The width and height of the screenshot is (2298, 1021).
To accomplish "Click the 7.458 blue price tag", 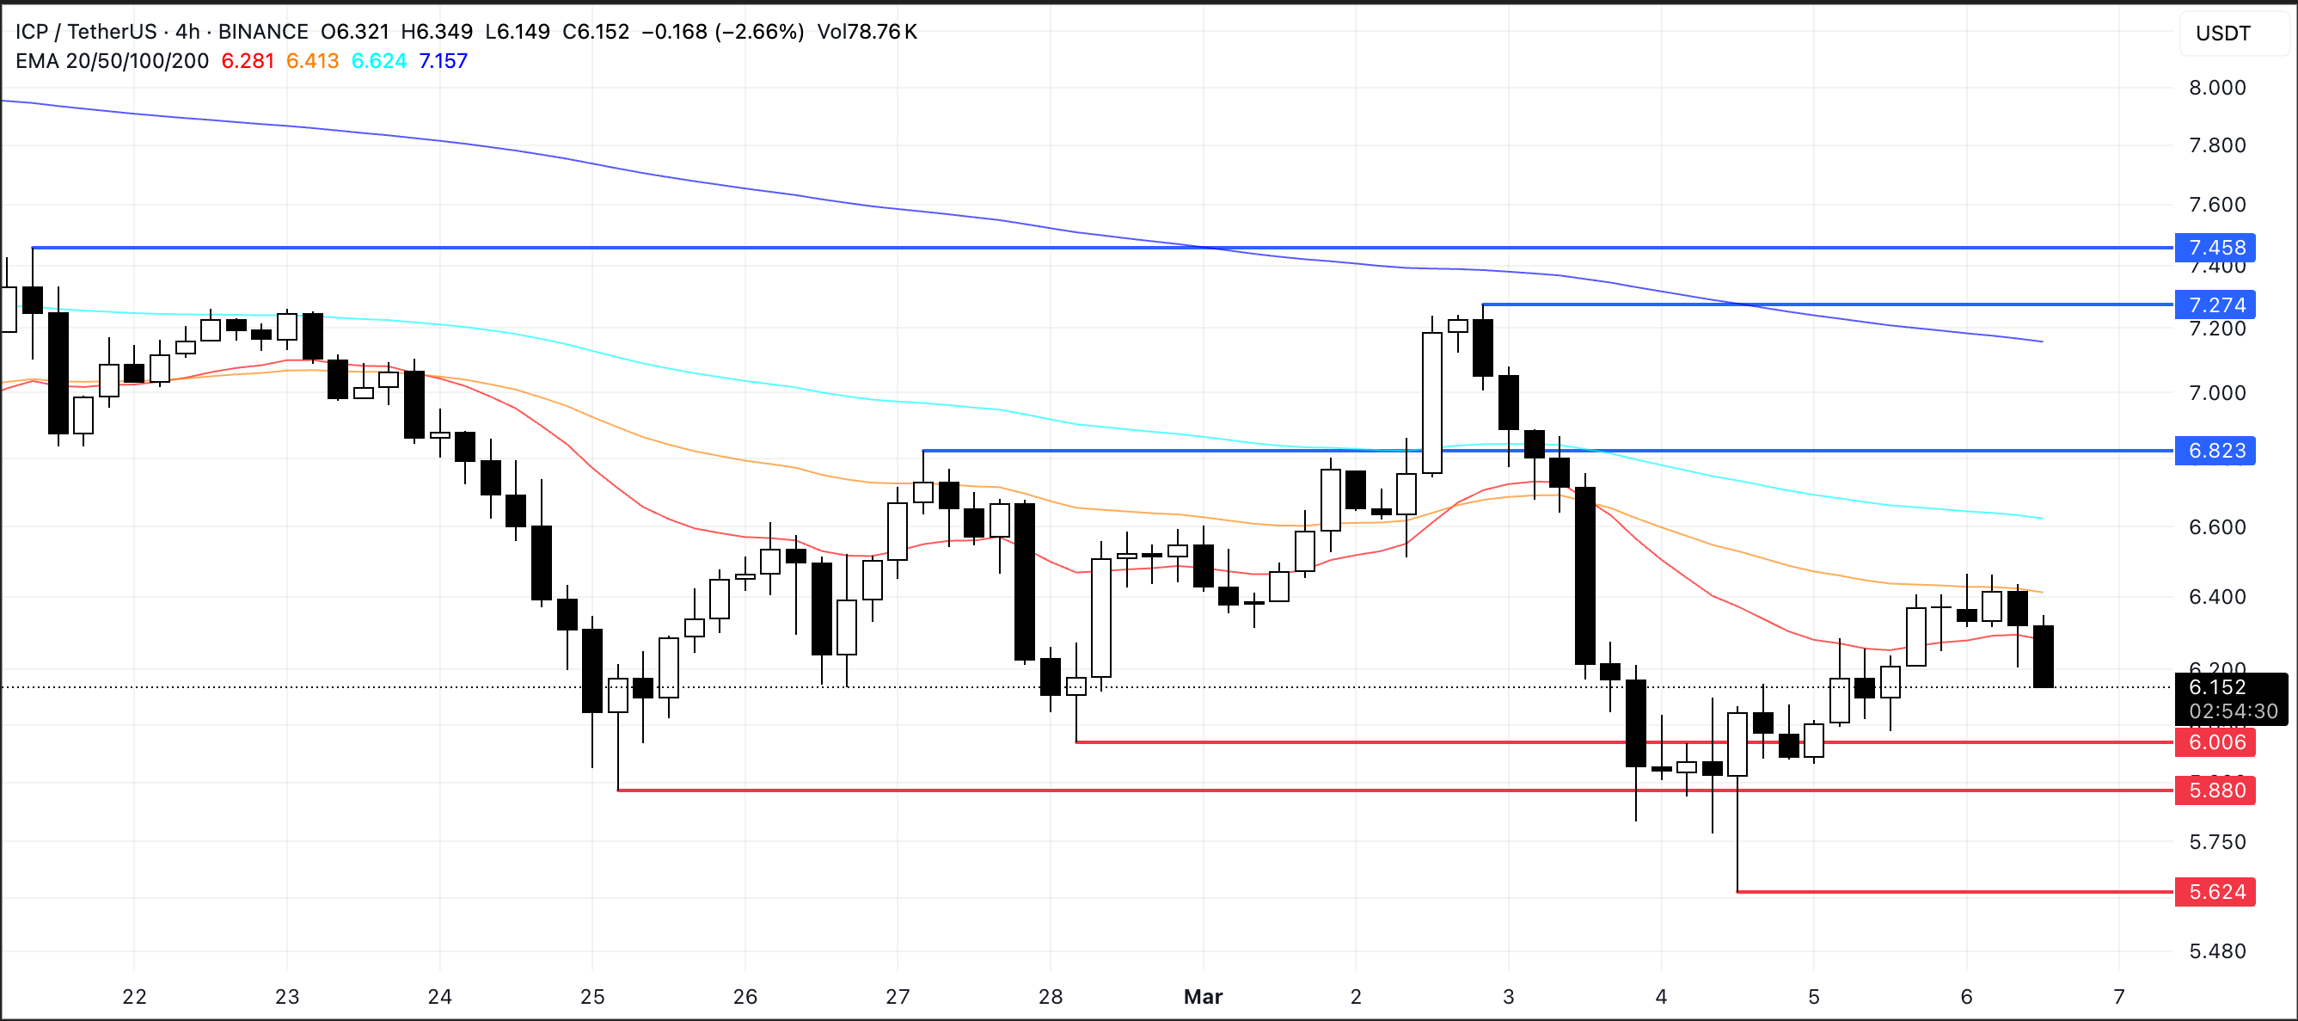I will (2216, 247).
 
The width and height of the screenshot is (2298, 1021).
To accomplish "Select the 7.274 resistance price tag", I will (2216, 304).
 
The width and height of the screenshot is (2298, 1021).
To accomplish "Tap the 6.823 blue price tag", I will (2216, 451).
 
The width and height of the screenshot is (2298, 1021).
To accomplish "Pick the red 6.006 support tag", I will (2216, 741).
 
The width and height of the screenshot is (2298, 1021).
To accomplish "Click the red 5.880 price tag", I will (2216, 790).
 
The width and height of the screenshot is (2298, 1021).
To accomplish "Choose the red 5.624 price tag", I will (2216, 892).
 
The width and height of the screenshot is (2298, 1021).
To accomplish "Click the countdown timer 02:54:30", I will (2233, 710).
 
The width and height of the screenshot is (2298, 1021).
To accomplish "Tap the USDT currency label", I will (2222, 33).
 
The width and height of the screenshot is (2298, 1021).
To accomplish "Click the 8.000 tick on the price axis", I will (2217, 88).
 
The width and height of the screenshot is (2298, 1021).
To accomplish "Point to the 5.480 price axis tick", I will (2217, 950).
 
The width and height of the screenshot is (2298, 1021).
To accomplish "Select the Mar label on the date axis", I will (1203, 996).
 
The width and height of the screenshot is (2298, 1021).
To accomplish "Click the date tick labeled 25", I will (592, 996).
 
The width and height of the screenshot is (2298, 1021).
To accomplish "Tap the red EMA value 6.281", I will (247, 61).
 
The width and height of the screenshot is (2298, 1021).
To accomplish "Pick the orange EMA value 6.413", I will (312, 61).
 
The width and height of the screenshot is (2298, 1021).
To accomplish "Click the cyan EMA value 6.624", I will (378, 61).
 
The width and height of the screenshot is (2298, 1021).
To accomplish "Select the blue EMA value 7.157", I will (443, 61).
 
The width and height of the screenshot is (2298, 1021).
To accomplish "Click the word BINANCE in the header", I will (263, 31).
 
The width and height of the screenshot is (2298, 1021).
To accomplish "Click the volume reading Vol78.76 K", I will (867, 31).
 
